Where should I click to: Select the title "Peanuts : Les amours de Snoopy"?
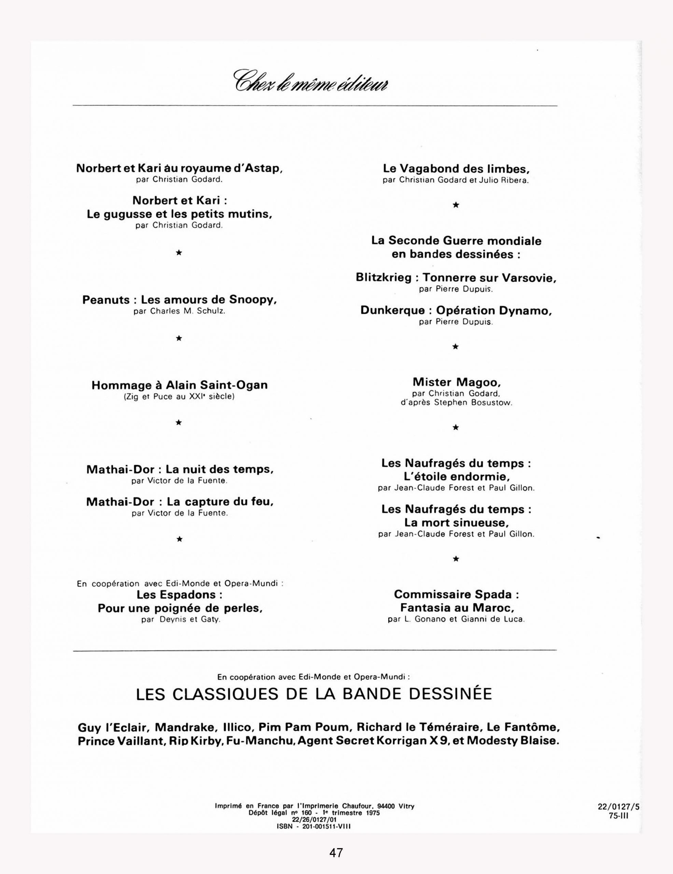(179, 300)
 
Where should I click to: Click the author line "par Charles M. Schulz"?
(179, 311)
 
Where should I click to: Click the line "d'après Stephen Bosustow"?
(456, 403)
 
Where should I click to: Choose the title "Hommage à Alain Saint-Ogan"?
(179, 385)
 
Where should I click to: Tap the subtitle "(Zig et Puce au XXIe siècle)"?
(179, 397)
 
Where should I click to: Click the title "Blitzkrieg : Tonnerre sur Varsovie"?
(456, 277)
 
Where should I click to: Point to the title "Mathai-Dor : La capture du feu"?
(180, 502)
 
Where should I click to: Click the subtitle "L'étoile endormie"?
(456, 477)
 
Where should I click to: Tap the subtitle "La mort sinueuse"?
(456, 523)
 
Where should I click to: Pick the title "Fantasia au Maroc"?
(457, 608)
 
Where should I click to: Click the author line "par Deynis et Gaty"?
(181, 620)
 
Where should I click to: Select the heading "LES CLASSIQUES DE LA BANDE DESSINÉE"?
(314, 694)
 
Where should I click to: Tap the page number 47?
(336, 853)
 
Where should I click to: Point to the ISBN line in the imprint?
(314, 826)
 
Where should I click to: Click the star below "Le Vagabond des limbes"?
(455, 205)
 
